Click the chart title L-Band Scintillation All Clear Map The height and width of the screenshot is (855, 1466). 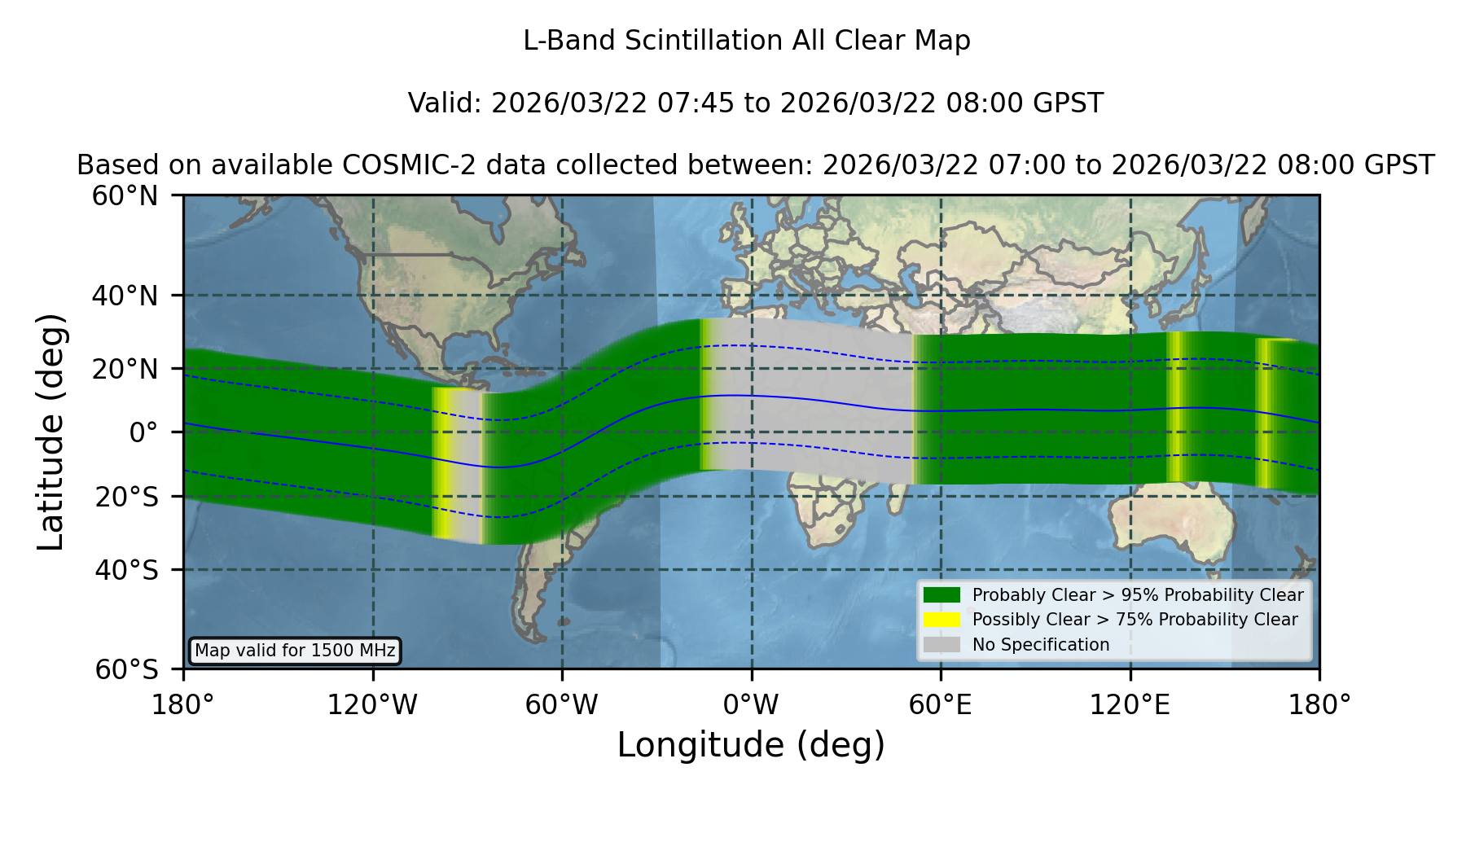click(x=747, y=41)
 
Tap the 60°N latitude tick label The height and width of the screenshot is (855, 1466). click(x=125, y=196)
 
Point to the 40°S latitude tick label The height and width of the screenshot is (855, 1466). click(x=127, y=570)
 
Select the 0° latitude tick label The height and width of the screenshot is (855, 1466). click(x=143, y=432)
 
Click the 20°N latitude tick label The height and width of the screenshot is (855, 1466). click(x=125, y=369)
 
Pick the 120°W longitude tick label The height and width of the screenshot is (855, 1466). click(x=373, y=704)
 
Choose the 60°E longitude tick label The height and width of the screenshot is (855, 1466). click(x=941, y=704)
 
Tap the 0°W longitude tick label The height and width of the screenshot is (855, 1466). click(x=752, y=704)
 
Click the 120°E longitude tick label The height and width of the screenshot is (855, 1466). click(x=1130, y=704)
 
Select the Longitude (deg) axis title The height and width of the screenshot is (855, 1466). click(x=751, y=745)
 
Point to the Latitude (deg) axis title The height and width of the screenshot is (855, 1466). click(x=51, y=432)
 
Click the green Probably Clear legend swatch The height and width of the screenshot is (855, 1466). click(x=941, y=594)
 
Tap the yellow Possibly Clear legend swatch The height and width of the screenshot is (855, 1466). click(x=941, y=620)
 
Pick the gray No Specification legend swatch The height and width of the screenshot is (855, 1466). click(x=941, y=645)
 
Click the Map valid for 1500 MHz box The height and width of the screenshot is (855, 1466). click(x=295, y=651)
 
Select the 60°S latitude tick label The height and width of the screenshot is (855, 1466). click(x=127, y=669)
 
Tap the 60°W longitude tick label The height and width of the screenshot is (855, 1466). click(x=562, y=704)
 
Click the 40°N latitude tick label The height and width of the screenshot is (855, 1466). click(x=125, y=296)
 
